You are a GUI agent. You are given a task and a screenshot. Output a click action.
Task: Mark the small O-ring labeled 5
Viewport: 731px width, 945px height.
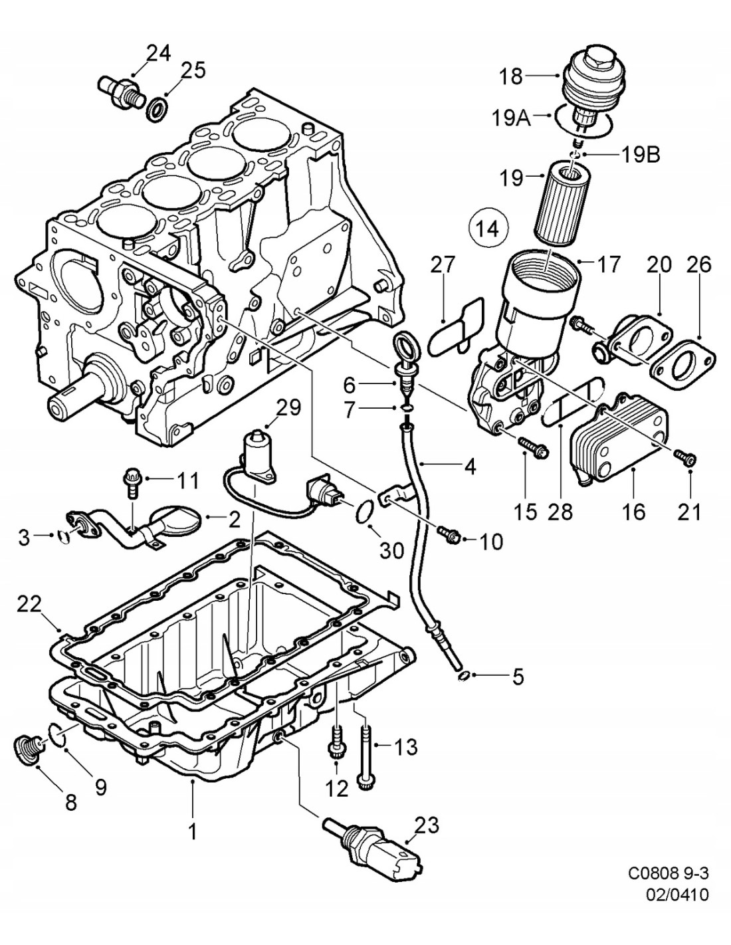point(466,677)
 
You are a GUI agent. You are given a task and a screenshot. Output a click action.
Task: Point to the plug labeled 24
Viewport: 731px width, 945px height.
point(119,92)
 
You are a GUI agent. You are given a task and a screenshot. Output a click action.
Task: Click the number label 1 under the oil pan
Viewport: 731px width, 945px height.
point(193,831)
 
